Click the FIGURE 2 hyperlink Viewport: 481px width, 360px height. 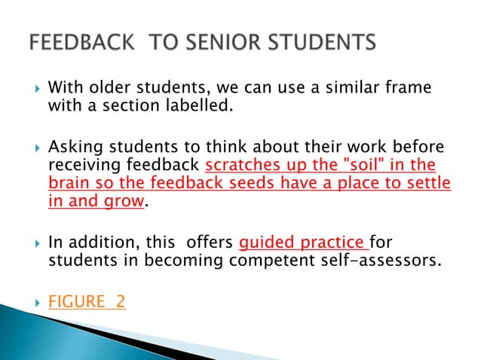point(87,303)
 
